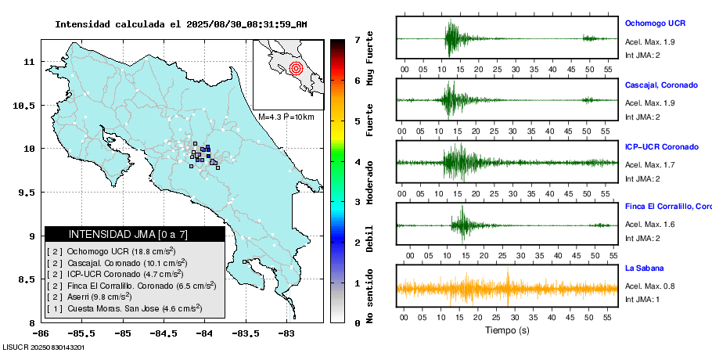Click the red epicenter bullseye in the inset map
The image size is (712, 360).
[296, 69]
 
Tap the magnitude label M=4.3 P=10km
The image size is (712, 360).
[286, 117]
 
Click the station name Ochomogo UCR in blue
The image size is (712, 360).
[655, 23]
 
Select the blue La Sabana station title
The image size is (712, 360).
[645, 268]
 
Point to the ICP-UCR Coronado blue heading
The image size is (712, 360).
[662, 146]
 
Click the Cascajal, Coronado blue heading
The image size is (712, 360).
[661, 85]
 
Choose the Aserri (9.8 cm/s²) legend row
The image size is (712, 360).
[89, 297]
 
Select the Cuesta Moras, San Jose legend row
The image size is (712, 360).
[124, 308]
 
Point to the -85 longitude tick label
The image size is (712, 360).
[123, 333]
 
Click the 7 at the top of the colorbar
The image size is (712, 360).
[358, 40]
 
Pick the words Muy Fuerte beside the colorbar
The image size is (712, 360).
[369, 58]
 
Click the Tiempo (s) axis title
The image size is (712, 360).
[507, 330]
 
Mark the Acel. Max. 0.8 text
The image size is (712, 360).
[649, 286]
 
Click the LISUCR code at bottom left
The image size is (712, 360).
[43, 347]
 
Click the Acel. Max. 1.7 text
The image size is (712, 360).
[649, 164]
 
